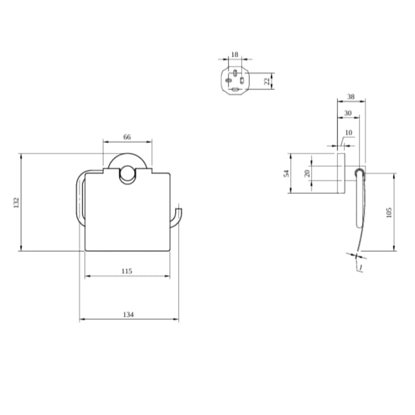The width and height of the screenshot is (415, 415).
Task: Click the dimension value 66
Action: tap(127, 137)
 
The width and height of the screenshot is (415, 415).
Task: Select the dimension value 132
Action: tap(17, 202)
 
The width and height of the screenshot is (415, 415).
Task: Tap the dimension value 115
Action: tap(127, 271)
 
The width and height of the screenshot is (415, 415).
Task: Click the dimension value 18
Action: tap(235, 55)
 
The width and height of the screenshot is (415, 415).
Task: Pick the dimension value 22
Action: tap(267, 80)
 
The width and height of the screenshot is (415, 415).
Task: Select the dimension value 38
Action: tap(351, 98)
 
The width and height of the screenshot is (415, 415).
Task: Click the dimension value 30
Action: tap(348, 113)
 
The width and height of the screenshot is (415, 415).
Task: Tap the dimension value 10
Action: tap(349, 134)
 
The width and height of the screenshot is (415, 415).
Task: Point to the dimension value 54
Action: tap(286, 173)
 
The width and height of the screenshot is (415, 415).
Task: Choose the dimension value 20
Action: tap(308, 173)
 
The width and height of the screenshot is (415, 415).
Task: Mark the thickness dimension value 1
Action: tap(360, 268)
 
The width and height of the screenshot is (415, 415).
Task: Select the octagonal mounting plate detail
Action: tap(235, 81)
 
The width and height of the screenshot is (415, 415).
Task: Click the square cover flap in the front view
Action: tap(127, 214)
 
